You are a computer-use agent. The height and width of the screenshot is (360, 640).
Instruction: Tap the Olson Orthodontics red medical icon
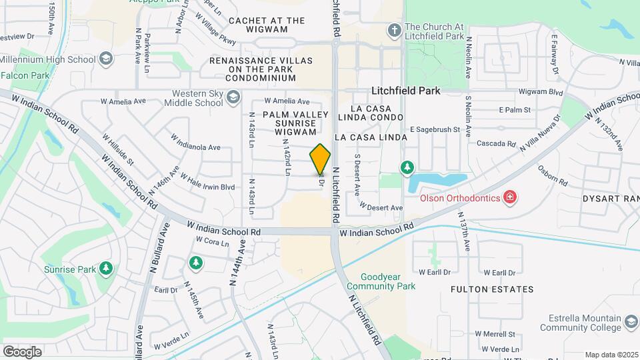click(510, 197)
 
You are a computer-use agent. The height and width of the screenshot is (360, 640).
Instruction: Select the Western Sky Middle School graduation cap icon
click(232, 99)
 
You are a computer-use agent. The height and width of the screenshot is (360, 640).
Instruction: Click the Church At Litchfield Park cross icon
click(394, 31)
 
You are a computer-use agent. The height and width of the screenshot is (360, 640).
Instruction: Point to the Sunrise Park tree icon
click(105, 268)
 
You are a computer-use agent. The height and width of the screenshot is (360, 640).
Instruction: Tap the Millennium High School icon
click(105, 59)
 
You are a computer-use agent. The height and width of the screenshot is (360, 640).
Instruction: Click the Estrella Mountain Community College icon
click(631, 323)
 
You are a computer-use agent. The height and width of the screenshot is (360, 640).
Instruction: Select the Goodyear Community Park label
click(388, 281)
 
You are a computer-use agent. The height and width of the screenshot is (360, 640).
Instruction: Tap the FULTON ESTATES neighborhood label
click(492, 289)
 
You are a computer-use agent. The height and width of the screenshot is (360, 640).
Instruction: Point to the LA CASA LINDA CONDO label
click(377, 113)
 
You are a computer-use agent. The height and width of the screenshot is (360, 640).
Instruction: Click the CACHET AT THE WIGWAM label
click(258, 25)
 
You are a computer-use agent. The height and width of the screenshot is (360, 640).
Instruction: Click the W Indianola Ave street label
click(195, 143)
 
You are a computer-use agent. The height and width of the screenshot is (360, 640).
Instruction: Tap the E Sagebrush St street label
click(435, 129)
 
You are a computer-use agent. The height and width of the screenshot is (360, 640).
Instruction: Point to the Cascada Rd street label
click(497, 143)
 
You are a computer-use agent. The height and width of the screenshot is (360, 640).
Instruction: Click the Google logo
click(22, 351)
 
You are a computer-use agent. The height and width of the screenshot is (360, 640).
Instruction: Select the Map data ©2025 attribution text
click(611, 355)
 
